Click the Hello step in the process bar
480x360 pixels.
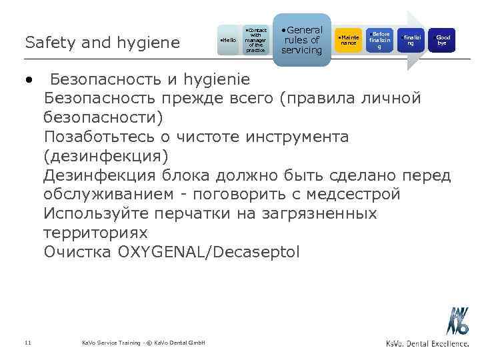point(229,41)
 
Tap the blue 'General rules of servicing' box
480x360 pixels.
point(301,40)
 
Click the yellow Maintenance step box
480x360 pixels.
point(348,41)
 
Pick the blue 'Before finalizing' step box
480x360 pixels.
point(381,41)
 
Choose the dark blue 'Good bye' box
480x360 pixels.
point(441,41)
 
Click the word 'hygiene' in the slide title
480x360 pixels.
point(149,43)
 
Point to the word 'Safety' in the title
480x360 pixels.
point(47,43)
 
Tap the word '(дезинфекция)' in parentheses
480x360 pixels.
point(106,156)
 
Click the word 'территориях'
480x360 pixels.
point(95,233)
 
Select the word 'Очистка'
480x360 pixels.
point(77,253)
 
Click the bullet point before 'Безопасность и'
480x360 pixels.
point(29,79)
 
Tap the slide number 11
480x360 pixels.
point(27,343)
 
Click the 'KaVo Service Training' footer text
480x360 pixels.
point(110,343)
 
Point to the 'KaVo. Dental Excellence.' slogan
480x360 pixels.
point(427,343)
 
